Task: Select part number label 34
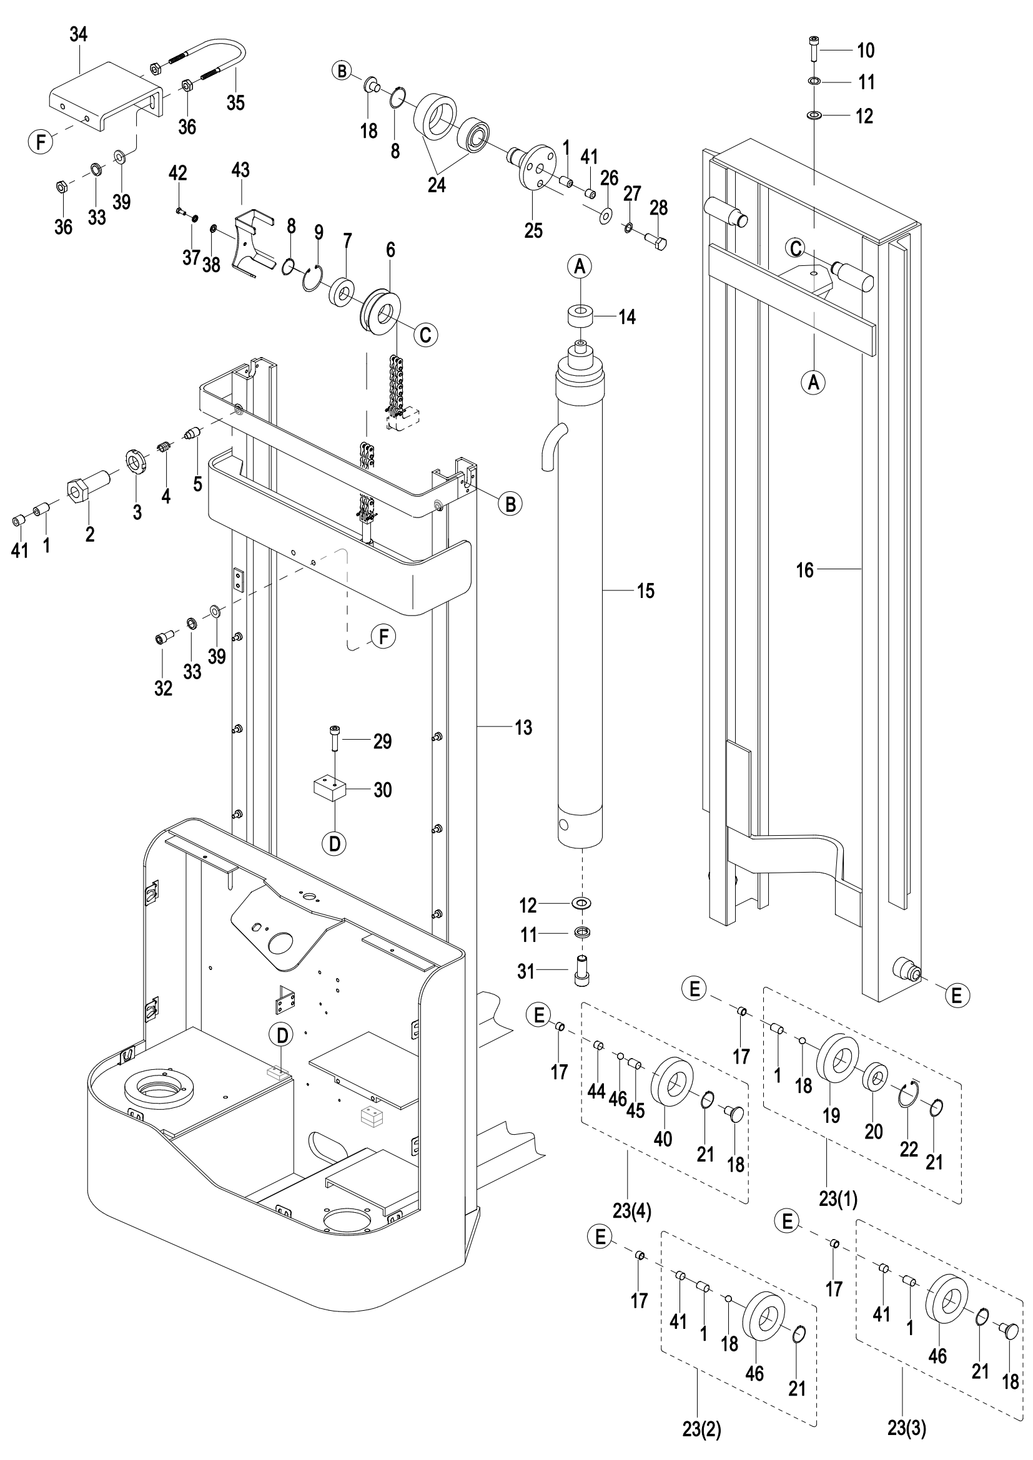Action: pos(78,34)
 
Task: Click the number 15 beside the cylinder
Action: pos(646,591)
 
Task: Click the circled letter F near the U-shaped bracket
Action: pos(41,141)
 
